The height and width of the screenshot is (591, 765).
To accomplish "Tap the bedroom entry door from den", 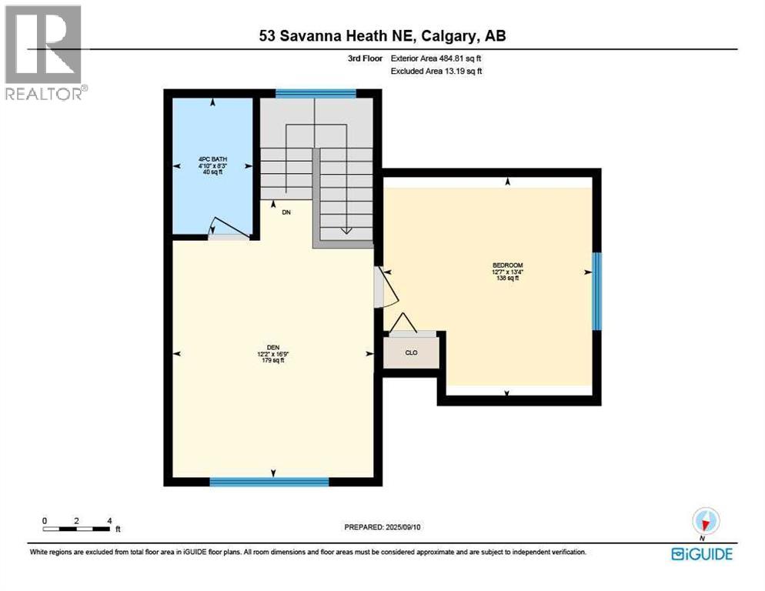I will pos(386,287).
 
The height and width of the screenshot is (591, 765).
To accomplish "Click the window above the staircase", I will pos(316,95).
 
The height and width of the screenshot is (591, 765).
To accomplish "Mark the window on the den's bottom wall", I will pos(269,482).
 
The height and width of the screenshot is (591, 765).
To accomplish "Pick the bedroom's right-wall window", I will pos(596,292).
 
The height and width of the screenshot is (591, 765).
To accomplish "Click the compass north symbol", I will pos(704,520).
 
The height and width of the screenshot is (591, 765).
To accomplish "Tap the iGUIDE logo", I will pos(701,554).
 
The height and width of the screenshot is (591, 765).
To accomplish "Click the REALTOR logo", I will pos(45,52).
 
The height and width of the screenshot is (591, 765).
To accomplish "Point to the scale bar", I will pos(77,528).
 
